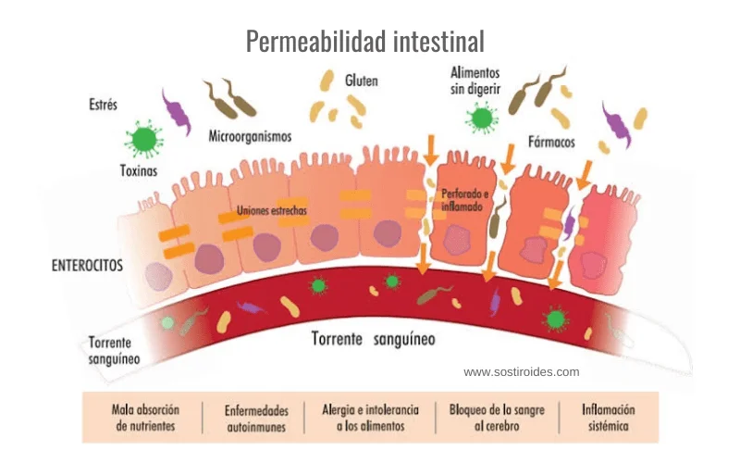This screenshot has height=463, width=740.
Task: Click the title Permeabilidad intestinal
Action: coord(365,42)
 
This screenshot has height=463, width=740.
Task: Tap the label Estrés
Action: coord(103,105)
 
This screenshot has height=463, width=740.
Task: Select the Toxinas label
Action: coord(139,171)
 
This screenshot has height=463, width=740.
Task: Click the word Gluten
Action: coord(362,81)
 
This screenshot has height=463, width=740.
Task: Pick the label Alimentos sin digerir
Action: coord(475,81)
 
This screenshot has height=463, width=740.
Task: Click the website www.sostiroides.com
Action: coord(522,372)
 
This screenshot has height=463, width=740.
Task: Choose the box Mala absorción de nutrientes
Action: coord(145,419)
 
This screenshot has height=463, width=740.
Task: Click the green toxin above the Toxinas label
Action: coord(143,139)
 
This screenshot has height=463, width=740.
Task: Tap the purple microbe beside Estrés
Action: coord(176,111)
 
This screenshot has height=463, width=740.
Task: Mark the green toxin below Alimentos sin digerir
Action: coord(480,118)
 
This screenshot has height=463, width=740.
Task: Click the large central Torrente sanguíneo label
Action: coord(372,339)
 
